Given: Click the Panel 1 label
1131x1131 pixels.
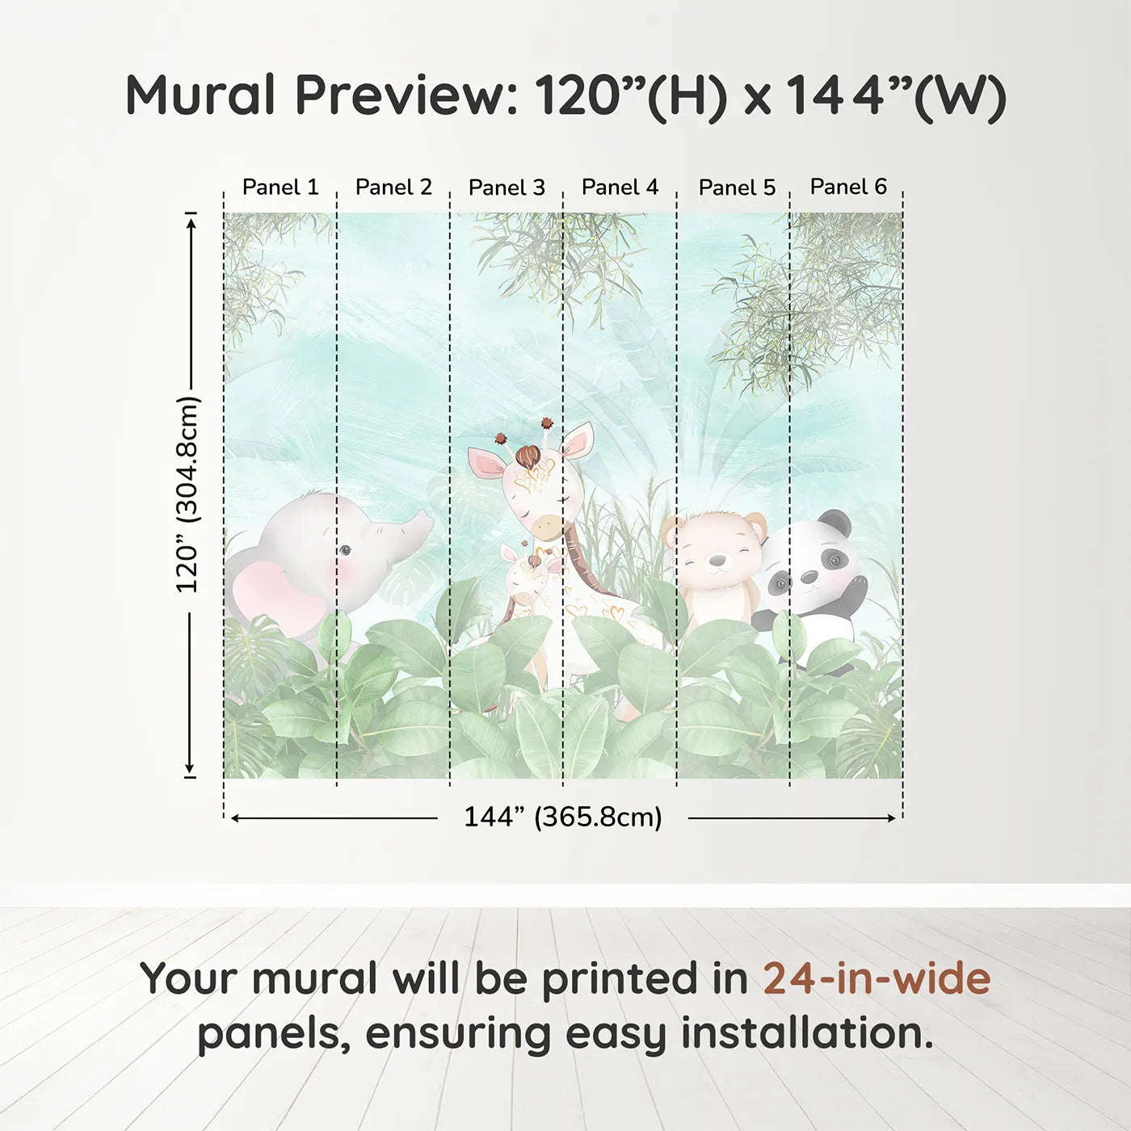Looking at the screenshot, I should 280,187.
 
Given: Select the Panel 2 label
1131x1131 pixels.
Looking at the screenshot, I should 393,187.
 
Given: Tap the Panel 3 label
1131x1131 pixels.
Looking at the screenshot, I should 507,187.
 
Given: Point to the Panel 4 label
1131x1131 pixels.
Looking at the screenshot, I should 620,187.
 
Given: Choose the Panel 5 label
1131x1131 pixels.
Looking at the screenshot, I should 737,187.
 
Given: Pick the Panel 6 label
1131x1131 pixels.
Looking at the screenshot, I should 848,187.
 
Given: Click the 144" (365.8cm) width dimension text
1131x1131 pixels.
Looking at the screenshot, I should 562,817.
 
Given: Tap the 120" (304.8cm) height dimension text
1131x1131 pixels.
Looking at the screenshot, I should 187,494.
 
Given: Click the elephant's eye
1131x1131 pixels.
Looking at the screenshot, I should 345,550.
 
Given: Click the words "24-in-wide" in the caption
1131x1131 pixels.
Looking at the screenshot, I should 877,978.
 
